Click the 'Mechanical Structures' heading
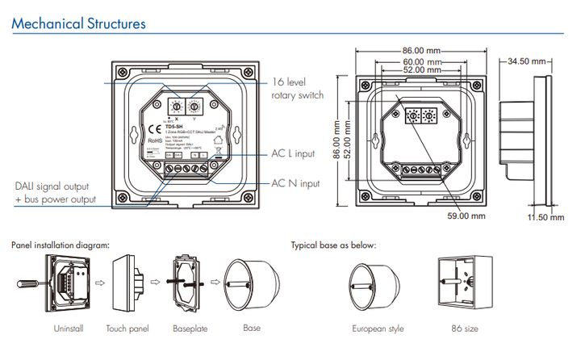pyautogui.click(x=78, y=23)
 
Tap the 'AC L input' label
pyautogui.click(x=294, y=153)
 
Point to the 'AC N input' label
pyautogui.click(x=295, y=184)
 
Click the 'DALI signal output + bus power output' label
pyautogui.click(x=54, y=192)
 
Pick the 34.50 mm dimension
pyautogui.click(x=528, y=61)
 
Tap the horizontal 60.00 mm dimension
pyautogui.click(x=424, y=62)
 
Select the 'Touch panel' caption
pyautogui.click(x=128, y=329)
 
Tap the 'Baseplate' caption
pyautogui.click(x=189, y=329)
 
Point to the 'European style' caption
pyautogui.click(x=378, y=329)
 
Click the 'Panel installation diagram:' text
pyautogui.click(x=61, y=245)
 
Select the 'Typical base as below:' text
pyautogui.click(x=333, y=245)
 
